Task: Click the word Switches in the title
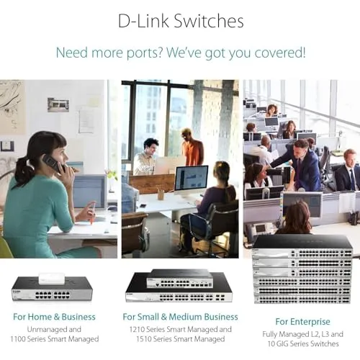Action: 208,21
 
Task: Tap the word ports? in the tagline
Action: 145,53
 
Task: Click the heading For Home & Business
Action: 54,317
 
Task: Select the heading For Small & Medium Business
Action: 180,317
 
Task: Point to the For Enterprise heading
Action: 303,322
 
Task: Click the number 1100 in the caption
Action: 18,339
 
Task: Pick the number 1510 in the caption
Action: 144,339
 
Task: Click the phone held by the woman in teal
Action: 52,163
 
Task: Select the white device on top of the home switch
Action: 52,279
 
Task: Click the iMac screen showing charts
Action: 192,179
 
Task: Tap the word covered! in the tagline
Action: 280,53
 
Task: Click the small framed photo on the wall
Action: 58,105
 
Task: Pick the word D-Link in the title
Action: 143,21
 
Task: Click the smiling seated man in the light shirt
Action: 146,157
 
